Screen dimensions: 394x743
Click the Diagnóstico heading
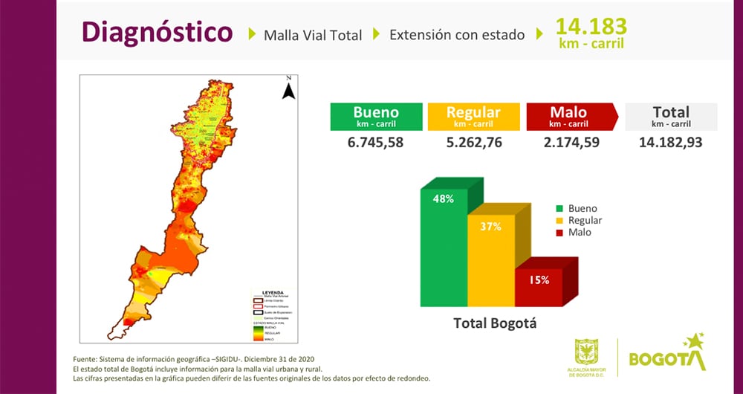pos(156,33)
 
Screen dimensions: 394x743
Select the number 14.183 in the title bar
pos(591,26)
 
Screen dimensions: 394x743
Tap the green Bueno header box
pos(375,117)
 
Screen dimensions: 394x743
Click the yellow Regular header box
pos(473,117)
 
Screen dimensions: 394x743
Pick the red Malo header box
pos(569,117)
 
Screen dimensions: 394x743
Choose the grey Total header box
pos(671,117)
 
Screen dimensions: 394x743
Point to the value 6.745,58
pos(375,142)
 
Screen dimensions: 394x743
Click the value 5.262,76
pos(473,142)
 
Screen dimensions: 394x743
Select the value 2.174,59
pos(569,142)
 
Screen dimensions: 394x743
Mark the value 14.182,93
pos(671,142)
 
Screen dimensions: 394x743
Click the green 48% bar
pos(444,253)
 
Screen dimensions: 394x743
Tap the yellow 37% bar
pos(491,264)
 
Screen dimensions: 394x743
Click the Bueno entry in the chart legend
pos(582,209)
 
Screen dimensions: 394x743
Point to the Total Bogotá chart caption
pos(495,323)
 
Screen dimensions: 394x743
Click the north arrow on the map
pos(289,88)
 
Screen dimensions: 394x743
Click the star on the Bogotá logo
pos(695,343)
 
